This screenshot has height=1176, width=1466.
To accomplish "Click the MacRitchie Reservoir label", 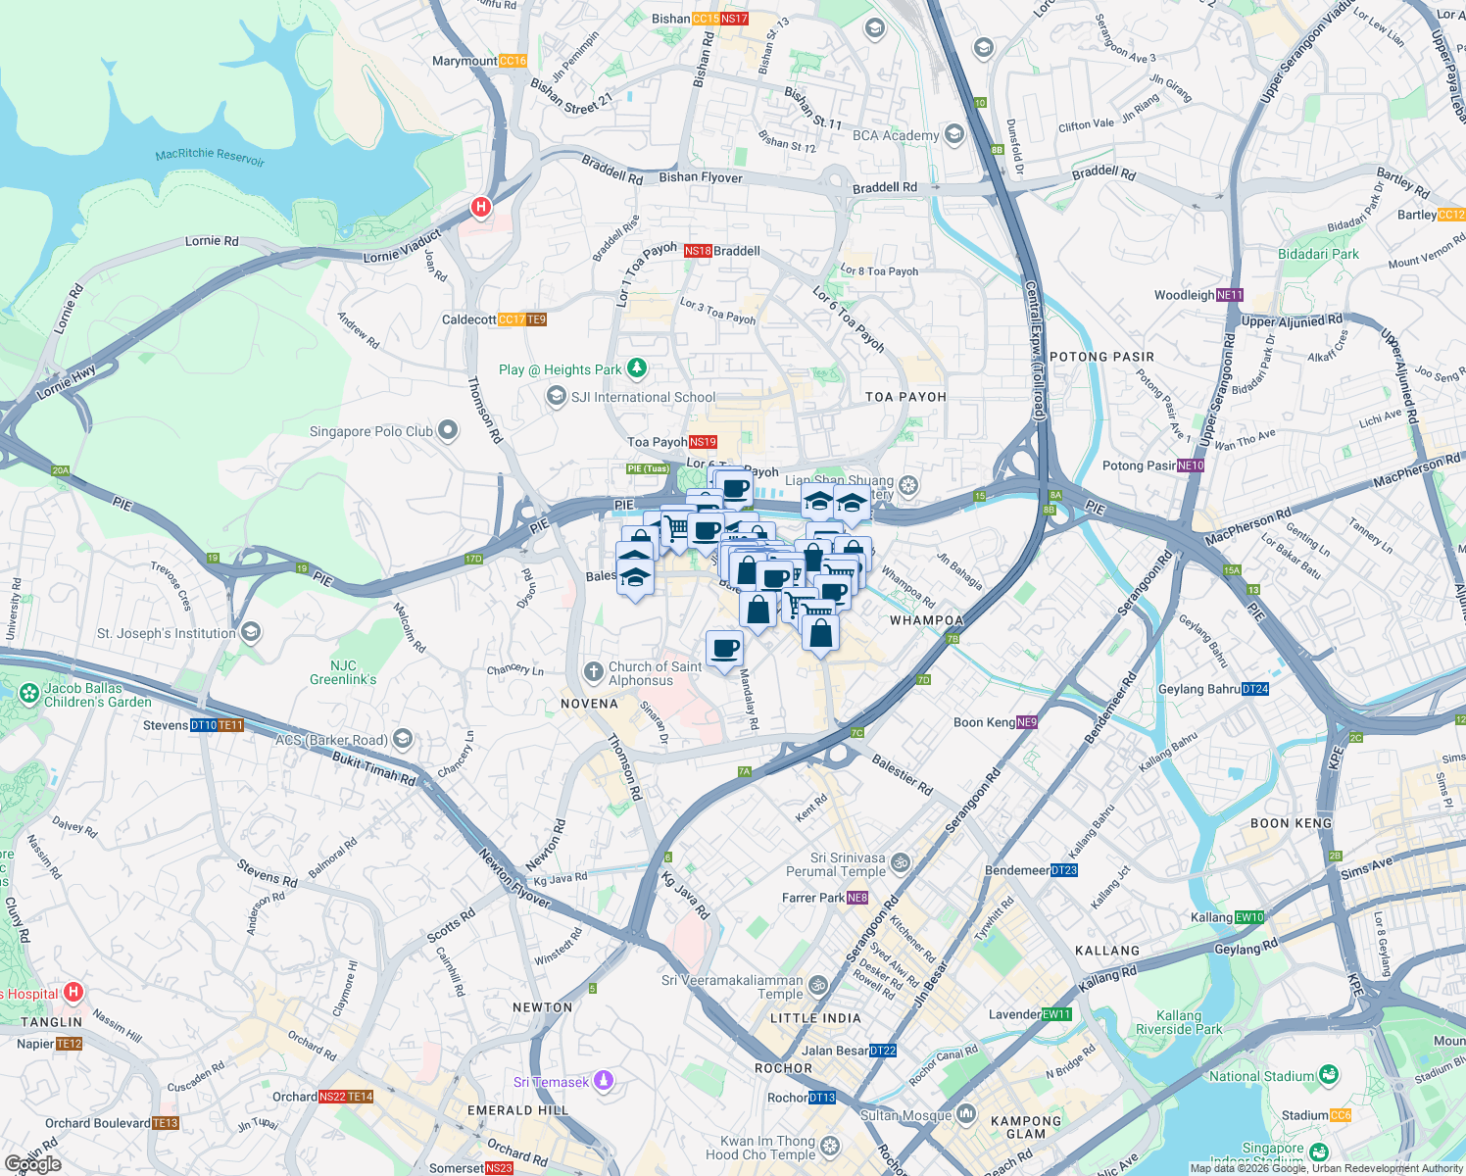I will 210,157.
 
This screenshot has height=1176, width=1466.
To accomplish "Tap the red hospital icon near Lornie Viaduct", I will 480,207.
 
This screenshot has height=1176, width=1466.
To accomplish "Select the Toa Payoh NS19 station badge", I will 703,442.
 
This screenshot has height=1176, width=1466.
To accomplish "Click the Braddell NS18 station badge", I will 698,251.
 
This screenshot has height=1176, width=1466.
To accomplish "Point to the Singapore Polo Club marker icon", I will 448,430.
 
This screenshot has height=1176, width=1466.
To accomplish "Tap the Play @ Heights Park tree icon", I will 637,368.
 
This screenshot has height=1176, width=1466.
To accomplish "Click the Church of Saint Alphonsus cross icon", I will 593,672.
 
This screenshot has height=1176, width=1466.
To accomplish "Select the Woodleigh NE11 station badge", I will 1230,295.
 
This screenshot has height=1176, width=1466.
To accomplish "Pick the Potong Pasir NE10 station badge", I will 1191,465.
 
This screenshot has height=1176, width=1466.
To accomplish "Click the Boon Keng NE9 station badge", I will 1026,722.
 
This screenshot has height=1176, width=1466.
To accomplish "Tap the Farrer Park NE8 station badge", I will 857,898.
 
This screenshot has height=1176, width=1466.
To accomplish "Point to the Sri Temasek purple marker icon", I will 604,1081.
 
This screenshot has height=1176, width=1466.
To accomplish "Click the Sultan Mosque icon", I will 966,1113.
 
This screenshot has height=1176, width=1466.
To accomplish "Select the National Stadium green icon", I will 1328,1075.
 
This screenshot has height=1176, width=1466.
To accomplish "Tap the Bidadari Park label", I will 1318,254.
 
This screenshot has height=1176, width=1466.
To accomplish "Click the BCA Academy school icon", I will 954,135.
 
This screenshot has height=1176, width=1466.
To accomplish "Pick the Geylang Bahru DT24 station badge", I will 1255,689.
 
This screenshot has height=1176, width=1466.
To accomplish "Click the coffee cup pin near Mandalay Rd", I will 724,649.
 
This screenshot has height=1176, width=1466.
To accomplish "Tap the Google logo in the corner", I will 33,1164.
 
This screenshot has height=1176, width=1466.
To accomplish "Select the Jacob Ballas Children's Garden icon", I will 28,694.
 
